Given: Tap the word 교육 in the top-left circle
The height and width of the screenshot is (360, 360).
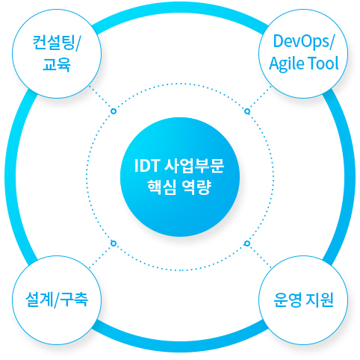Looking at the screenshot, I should coord(57,63).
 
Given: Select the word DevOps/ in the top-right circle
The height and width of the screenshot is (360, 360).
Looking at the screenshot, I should coord(303,41).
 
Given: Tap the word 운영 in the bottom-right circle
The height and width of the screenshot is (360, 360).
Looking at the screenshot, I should coord(287,300).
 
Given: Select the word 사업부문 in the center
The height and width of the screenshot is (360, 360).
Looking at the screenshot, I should coord(194,165).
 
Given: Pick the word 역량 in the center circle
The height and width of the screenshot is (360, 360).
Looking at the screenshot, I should coord(199,187).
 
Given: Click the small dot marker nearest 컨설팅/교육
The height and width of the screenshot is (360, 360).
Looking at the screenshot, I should coord(114,111).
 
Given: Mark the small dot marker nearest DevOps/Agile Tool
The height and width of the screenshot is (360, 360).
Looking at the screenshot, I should coord(247,111).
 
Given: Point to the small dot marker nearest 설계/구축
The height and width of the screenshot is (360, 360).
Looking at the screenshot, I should coord(114,243).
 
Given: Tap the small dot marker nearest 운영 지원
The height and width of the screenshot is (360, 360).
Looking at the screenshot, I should coord(247,243).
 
